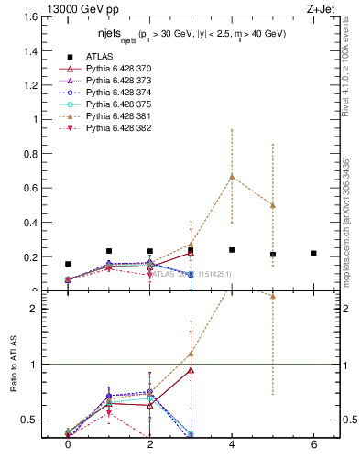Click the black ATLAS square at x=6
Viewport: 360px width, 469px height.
pos(313,254)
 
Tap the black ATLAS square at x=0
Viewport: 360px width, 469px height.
pos(68,264)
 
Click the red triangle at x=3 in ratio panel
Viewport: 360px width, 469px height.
pos(191,370)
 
